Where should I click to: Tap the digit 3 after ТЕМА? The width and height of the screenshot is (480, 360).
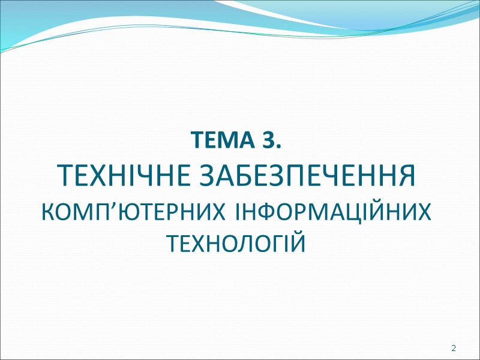[x=268, y=143]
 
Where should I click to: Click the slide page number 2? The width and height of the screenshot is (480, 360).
[x=454, y=349]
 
